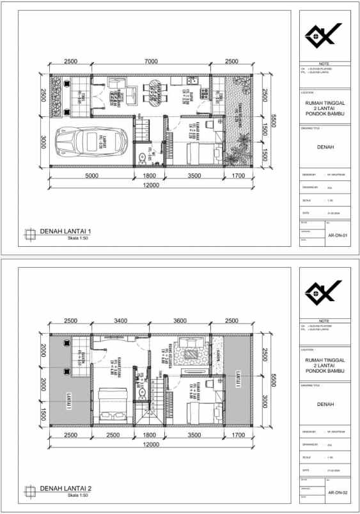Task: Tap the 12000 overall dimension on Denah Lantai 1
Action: click(151, 185)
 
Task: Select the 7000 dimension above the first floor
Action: click(151, 61)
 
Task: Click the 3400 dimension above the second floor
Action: click(120, 321)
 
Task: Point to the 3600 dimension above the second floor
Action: click(181, 321)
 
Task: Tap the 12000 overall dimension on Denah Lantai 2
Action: click(151, 444)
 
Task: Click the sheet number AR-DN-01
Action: click(337, 235)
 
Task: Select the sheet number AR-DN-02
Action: click(337, 492)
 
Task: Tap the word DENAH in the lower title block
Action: click(324, 403)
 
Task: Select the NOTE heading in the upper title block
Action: click(324, 64)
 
